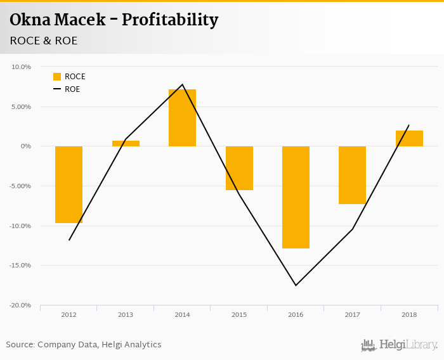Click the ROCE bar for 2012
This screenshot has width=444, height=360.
click(x=69, y=184)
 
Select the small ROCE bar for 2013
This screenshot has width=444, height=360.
click(x=126, y=144)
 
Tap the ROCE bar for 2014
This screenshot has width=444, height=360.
click(x=182, y=118)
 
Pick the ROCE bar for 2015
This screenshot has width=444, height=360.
click(x=239, y=168)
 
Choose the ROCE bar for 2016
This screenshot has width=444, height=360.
click(x=296, y=197)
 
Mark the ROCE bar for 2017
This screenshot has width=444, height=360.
click(x=352, y=175)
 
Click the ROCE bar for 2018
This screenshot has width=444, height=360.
click(x=409, y=138)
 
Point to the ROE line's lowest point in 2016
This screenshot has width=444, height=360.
click(x=296, y=285)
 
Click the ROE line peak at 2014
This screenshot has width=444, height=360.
click(x=182, y=84)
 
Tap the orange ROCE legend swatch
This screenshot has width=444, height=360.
click(x=57, y=77)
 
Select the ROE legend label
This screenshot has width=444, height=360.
click(x=72, y=89)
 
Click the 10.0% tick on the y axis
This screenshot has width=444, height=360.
click(x=22, y=67)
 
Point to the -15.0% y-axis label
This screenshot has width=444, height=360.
click(x=20, y=266)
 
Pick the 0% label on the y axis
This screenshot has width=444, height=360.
click(x=26, y=146)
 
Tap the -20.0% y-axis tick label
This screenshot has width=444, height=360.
click(x=20, y=305)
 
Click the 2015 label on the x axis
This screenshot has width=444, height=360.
click(x=239, y=314)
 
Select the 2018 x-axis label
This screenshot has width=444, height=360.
click(x=409, y=314)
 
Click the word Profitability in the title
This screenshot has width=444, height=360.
click(x=170, y=20)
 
